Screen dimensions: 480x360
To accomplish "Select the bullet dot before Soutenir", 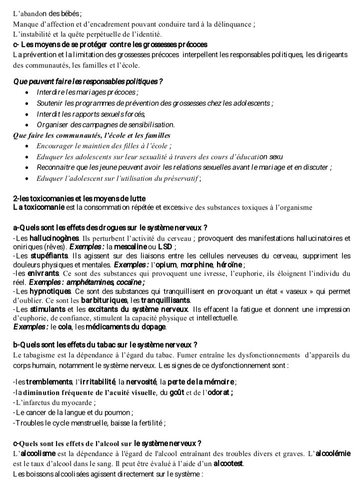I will pos(26,104).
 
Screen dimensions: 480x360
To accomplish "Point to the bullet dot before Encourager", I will pos(26,146).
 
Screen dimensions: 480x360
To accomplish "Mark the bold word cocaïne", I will pos(128,283).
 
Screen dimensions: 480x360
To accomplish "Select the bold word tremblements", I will pos(49,382).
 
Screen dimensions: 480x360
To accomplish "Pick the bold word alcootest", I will pos(228,464).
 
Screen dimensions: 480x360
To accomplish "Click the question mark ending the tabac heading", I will pos(195,345).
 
